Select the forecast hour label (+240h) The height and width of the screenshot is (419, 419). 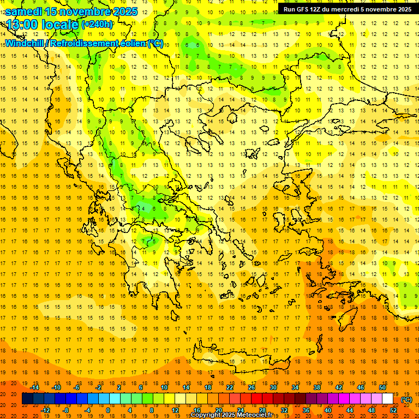(x=97, y=25)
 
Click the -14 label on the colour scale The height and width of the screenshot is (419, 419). (x=35, y=387)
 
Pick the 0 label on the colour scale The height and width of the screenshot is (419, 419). (x=107, y=410)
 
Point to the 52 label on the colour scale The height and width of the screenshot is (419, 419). (x=393, y=410)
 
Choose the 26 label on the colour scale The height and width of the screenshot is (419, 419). (x=252, y=387)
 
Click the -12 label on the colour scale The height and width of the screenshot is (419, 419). (x=46, y=410)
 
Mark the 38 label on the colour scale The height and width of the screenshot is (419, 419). (x=317, y=387)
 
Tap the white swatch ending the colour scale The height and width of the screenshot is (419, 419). (x=387, y=399)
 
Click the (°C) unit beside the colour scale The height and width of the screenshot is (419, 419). (x=406, y=399)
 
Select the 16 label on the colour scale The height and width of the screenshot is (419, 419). (x=196, y=410)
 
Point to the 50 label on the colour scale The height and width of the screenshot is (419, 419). (x=382, y=387)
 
